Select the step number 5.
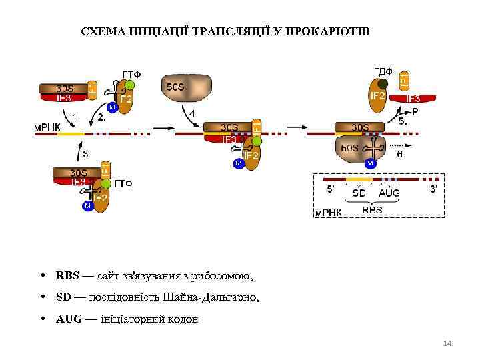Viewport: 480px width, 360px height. (x=403, y=122)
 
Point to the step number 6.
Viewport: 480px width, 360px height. (x=401, y=154)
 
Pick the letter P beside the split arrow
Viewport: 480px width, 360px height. (x=415, y=112)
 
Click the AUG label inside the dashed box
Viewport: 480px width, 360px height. (x=389, y=193)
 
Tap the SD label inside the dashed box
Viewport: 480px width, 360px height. (x=359, y=193)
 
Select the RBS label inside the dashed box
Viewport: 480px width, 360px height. (x=372, y=209)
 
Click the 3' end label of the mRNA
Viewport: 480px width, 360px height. (x=434, y=189)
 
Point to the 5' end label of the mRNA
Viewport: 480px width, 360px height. (x=329, y=189)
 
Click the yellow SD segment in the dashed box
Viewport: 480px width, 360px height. (x=359, y=180)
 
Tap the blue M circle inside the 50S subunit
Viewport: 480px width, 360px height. (x=370, y=163)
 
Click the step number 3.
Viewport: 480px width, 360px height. (x=86, y=154)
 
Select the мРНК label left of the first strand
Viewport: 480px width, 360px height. (x=47, y=127)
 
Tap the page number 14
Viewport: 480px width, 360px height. (x=447, y=343)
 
